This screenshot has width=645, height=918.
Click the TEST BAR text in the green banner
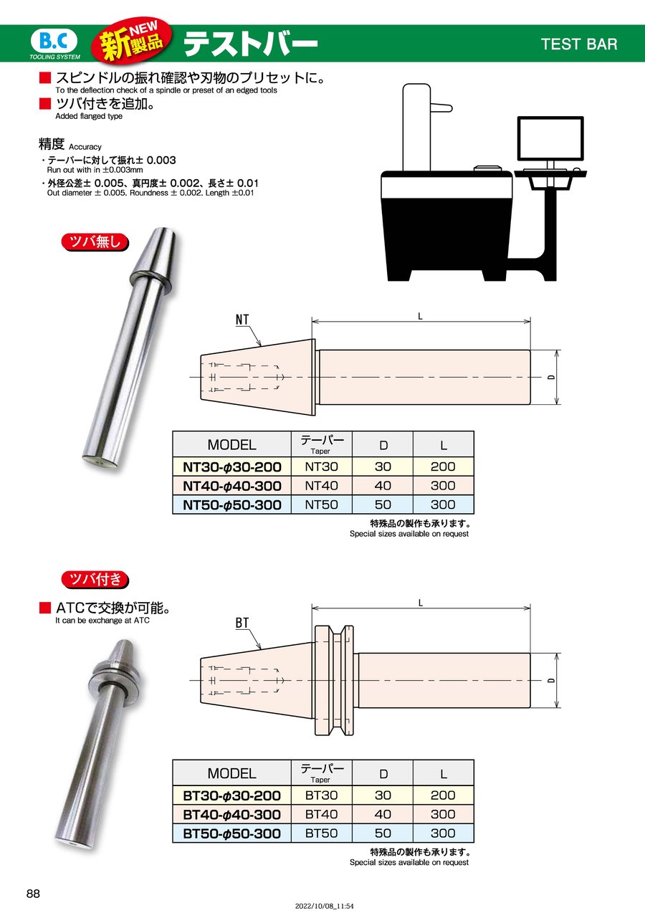[579, 44]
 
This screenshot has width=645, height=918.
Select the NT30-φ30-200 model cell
[232, 467]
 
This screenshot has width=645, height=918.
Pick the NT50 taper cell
[321, 505]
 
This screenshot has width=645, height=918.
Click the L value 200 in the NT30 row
[443, 467]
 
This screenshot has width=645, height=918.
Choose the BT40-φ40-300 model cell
[232, 814]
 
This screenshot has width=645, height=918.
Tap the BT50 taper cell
[321, 833]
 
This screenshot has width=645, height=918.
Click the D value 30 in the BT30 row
[383, 795]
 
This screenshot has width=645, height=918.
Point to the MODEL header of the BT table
[232, 773]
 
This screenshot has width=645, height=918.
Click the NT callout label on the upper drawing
[242, 320]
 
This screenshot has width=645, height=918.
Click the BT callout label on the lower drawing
[242, 623]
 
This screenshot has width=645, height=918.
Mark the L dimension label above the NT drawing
[420, 316]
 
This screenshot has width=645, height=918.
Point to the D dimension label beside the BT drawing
[552, 680]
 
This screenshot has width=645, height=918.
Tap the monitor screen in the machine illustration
[550, 138]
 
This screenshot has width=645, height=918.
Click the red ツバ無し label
[95, 242]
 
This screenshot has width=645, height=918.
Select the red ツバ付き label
[95, 580]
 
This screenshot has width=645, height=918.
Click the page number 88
[33, 894]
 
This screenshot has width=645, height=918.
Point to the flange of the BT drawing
[334, 680]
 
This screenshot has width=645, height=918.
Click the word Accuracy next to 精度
[85, 147]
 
